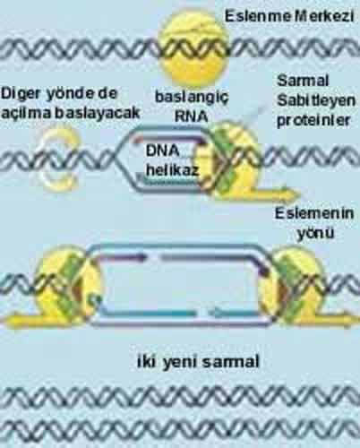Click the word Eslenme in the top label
[258, 16]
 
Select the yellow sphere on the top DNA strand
[193, 48]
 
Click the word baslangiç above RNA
[192, 98]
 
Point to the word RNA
[192, 116]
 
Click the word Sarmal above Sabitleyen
[303, 81]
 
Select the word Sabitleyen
[316, 101]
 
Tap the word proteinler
[313, 121]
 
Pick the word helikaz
[172, 170]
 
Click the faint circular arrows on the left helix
[60, 158]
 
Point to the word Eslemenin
[314, 213]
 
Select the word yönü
[315, 233]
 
